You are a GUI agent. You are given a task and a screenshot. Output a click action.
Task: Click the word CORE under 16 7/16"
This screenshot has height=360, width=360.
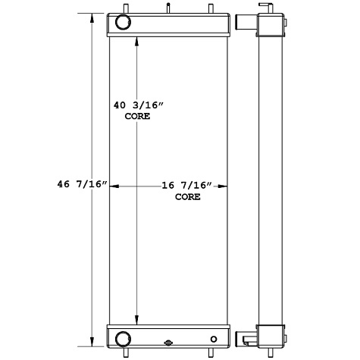[x=187, y=196]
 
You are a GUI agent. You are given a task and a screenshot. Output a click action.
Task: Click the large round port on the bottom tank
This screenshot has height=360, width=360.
[x=123, y=336]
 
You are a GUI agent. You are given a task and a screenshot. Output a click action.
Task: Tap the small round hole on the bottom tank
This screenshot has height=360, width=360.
[x=214, y=338]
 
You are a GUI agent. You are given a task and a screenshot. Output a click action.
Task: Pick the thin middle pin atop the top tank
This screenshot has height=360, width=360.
[x=164, y=8]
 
